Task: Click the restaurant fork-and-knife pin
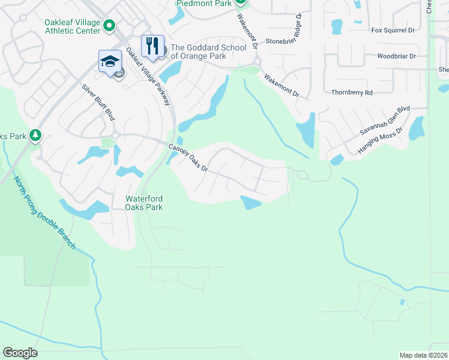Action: coord(152,46)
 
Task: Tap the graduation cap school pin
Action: coord(110,61)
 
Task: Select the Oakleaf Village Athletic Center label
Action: coord(71,27)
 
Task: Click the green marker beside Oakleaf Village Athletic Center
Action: coord(109,25)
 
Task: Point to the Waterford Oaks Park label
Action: coord(144,203)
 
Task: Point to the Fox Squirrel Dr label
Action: coord(393,30)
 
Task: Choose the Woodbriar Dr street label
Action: coord(396,56)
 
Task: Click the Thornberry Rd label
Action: coord(352,92)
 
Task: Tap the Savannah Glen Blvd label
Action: coord(384,121)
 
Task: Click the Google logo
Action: coord(20,353)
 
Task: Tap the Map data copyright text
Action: coord(424,355)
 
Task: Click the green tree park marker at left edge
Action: coord(36,136)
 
